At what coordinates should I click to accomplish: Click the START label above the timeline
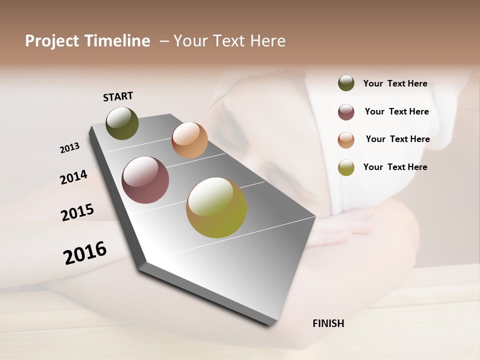(118, 96)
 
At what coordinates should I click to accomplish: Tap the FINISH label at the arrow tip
(328, 323)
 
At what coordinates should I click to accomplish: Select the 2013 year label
(69, 148)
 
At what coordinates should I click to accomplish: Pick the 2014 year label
(73, 177)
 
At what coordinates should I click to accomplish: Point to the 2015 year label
(77, 212)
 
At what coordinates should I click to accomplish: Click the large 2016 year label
(85, 253)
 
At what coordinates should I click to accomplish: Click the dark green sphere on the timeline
(122, 123)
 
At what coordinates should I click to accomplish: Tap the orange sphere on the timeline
(189, 140)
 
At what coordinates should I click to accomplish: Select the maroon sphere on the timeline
(145, 180)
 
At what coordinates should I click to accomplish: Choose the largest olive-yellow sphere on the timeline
(216, 207)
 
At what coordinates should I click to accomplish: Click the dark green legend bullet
(346, 83)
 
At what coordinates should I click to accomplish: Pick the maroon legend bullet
(346, 112)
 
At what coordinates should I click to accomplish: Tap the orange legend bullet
(346, 139)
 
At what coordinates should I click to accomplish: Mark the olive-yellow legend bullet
(346, 167)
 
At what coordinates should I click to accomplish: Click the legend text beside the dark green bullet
(395, 84)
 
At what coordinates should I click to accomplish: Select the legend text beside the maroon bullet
(396, 111)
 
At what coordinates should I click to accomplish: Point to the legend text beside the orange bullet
(397, 139)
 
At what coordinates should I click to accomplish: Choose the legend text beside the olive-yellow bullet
(395, 167)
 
